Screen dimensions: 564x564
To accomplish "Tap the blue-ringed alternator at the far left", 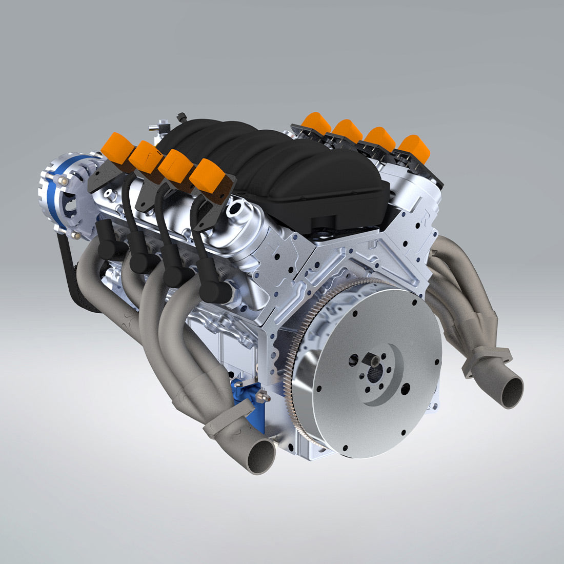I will pyautogui.click(x=64, y=195).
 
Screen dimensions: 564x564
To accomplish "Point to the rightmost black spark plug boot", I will pyautogui.click(x=211, y=290).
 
